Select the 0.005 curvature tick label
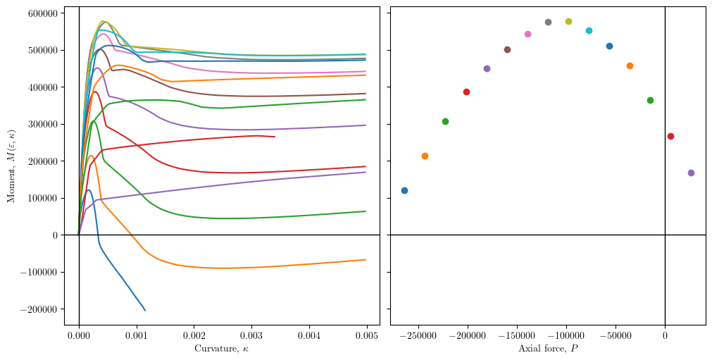pyautogui.click(x=366, y=336)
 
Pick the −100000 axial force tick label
pyautogui.click(x=566, y=336)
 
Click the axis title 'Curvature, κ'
pyautogui.click(x=221, y=349)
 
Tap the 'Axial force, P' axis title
pyautogui.click(x=548, y=349)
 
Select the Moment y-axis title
pyautogui.click(x=11, y=166)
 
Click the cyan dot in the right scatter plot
pyautogui.click(x=589, y=30)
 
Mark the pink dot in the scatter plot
pyautogui.click(x=527, y=34)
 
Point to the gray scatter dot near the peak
pyautogui.click(x=548, y=22)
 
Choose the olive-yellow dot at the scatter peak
pyautogui.click(x=568, y=21)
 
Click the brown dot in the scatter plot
pyautogui.click(x=507, y=49)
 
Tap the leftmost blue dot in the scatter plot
pyautogui.click(x=404, y=190)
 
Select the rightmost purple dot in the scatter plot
pyautogui.click(x=691, y=173)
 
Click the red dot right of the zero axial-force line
pyautogui.click(x=670, y=136)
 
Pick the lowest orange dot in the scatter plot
pyautogui.click(x=425, y=156)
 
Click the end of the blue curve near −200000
pyautogui.click(x=145, y=310)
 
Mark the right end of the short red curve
pyautogui.click(x=275, y=137)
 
